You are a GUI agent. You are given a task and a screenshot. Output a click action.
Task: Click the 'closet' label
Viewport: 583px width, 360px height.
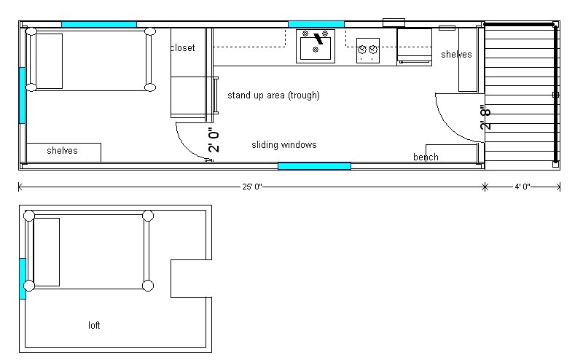tap(182, 48)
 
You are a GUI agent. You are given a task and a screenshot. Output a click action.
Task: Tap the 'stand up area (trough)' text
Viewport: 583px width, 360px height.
tap(273, 95)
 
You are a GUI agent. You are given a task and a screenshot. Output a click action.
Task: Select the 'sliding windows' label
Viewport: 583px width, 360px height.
tap(284, 145)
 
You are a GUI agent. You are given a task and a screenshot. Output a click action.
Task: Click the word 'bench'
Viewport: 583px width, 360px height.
tap(426, 157)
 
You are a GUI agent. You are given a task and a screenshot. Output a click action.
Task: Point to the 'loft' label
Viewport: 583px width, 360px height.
tap(94, 325)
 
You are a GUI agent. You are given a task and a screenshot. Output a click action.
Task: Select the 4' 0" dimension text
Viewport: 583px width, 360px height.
tap(523, 187)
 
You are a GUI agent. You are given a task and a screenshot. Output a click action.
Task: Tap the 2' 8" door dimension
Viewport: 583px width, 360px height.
tap(486, 117)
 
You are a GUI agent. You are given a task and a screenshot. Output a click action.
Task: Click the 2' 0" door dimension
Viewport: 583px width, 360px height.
tap(214, 139)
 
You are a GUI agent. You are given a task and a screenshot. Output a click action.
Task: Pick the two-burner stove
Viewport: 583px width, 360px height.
tap(369, 50)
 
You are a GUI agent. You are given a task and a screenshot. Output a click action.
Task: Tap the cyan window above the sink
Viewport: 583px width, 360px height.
tap(316, 24)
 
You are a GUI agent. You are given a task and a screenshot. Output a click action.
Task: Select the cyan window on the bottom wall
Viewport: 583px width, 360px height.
tap(314, 166)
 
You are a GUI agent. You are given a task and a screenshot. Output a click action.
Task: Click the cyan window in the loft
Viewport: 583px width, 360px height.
tap(23, 278)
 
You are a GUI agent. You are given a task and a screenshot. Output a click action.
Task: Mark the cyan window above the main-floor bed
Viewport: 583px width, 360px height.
tap(98, 24)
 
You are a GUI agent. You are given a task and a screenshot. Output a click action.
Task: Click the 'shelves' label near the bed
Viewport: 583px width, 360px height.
tap(62, 151)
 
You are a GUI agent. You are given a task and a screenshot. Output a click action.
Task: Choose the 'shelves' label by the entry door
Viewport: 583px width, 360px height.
tap(456, 55)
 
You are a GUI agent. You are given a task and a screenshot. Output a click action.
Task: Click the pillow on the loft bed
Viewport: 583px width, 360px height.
tap(47, 251)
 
